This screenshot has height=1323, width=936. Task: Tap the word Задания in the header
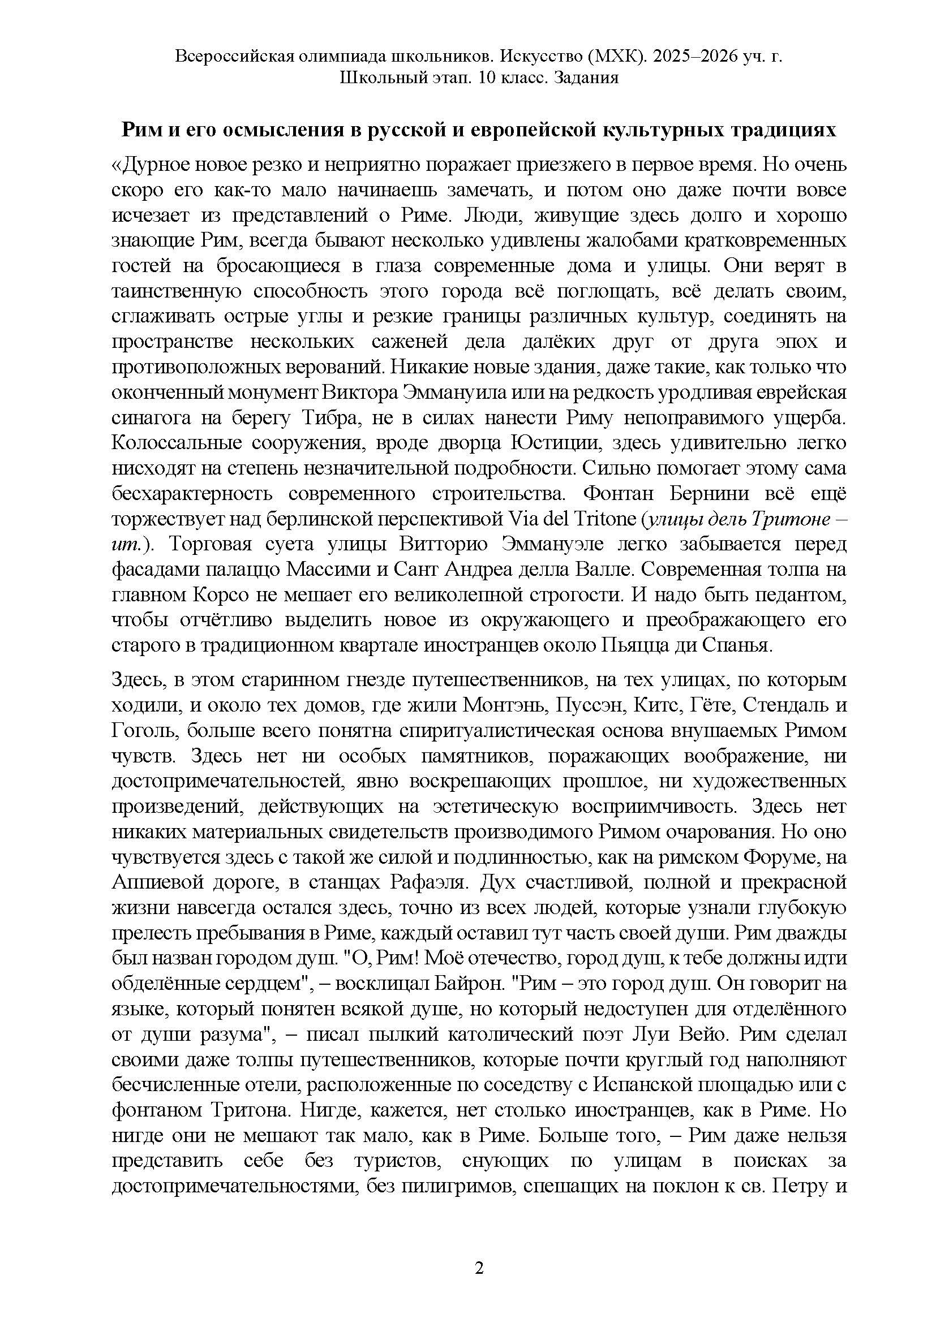[x=586, y=77]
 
